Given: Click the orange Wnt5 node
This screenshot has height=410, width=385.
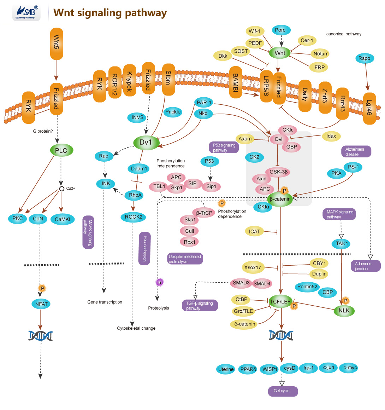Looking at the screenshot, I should pyautogui.click(x=57, y=44).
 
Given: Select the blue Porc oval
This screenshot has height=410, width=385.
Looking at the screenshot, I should pyautogui.click(x=280, y=30).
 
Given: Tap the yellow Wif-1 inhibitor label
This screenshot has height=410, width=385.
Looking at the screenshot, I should pyautogui.click(x=254, y=31).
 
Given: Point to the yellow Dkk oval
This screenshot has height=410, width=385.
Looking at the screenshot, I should pyautogui.click(x=223, y=56).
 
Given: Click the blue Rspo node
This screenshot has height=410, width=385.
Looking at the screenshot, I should pyautogui.click(x=364, y=58).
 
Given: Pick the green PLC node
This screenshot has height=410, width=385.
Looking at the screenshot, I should pyautogui.click(x=61, y=150).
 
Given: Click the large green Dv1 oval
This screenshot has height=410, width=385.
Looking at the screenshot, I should pyautogui.click(x=146, y=143).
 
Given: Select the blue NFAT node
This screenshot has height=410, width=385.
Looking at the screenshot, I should pyautogui.click(x=41, y=304).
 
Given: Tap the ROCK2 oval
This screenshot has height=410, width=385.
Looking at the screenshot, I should pyautogui.click(x=134, y=217).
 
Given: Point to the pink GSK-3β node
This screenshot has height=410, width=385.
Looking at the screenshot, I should pyautogui.click(x=279, y=172).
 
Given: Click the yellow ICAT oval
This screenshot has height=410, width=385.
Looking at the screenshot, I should pyautogui.click(x=254, y=231).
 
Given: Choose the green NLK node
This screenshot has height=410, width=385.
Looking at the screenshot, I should pyautogui.click(x=344, y=311).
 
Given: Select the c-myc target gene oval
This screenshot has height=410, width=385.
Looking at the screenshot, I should pyautogui.click(x=350, y=368).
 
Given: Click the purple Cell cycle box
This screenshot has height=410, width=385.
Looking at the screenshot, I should pyautogui.click(x=282, y=391).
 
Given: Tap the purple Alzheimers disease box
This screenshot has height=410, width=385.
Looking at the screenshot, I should pyautogui.click(x=356, y=152).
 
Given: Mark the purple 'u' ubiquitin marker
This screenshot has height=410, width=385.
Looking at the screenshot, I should pyautogui.click(x=160, y=282).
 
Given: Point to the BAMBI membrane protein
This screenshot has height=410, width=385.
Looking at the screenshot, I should pyautogui.click(x=235, y=82).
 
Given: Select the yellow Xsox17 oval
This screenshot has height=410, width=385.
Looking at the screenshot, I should pyautogui.click(x=253, y=267).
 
